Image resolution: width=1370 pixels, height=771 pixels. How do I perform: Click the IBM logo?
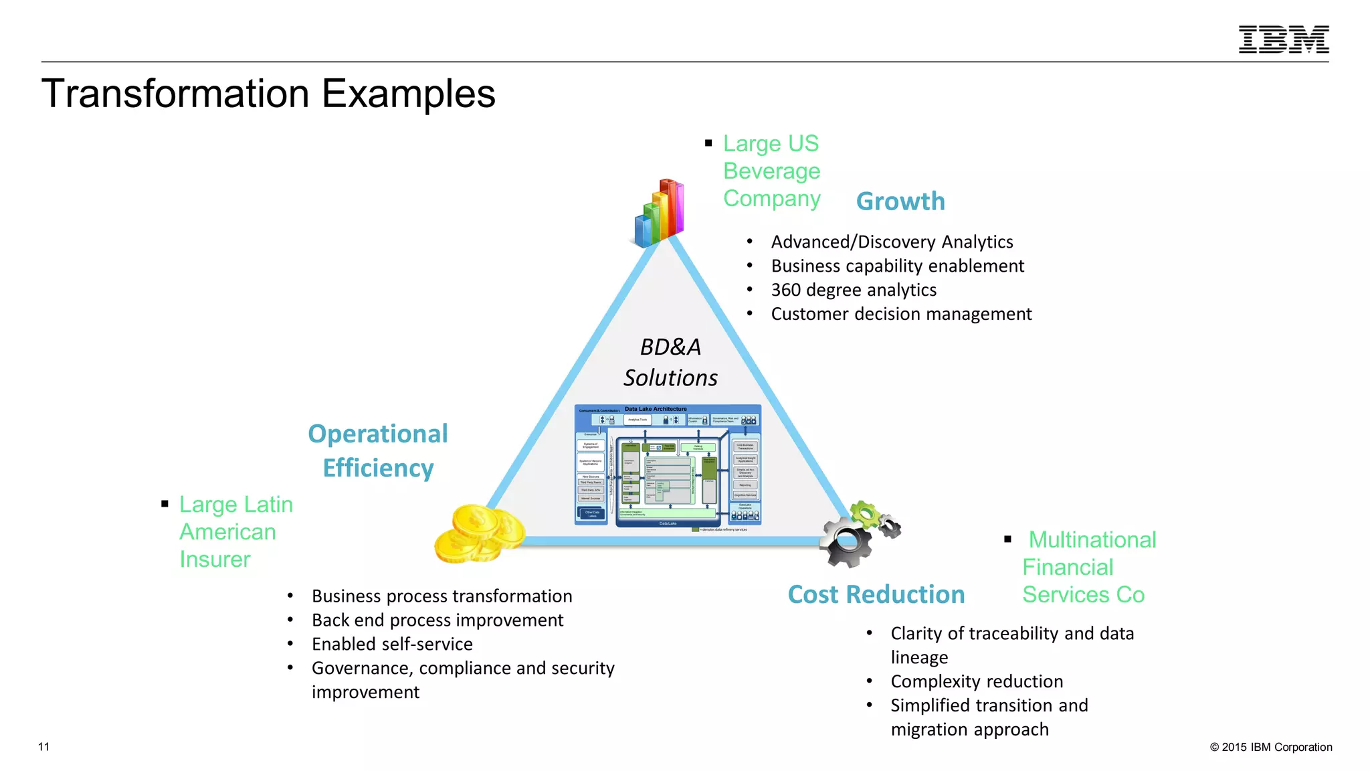click(1283, 39)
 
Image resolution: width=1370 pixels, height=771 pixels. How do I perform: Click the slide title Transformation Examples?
click(268, 94)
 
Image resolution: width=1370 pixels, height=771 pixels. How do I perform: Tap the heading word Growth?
click(900, 201)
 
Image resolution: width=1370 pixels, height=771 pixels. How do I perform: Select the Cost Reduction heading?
click(876, 594)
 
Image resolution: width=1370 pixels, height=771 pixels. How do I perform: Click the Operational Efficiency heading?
click(378, 450)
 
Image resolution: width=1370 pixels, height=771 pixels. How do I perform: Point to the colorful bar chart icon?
click(660, 213)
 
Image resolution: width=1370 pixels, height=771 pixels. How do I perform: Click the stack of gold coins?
click(479, 534)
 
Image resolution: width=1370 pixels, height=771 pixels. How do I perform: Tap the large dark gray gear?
click(846, 542)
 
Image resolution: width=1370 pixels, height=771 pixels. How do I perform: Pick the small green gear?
click(866, 515)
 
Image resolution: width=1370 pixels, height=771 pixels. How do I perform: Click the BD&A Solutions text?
click(670, 362)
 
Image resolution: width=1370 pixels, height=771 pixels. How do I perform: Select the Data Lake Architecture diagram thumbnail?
click(668, 466)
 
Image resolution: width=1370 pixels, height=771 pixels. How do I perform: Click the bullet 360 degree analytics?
click(854, 290)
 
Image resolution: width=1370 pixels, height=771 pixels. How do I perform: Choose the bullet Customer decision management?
click(900, 314)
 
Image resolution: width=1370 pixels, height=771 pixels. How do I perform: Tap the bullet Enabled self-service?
click(392, 644)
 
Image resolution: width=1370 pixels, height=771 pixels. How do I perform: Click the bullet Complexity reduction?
click(977, 681)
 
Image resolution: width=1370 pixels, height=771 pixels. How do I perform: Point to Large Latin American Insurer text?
click(235, 531)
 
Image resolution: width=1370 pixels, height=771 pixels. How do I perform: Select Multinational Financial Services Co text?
click(1087, 567)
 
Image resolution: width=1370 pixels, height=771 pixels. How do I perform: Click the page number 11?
click(44, 747)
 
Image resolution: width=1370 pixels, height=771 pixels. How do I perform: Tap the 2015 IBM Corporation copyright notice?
click(1270, 747)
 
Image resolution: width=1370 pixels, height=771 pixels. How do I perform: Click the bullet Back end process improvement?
click(437, 620)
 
